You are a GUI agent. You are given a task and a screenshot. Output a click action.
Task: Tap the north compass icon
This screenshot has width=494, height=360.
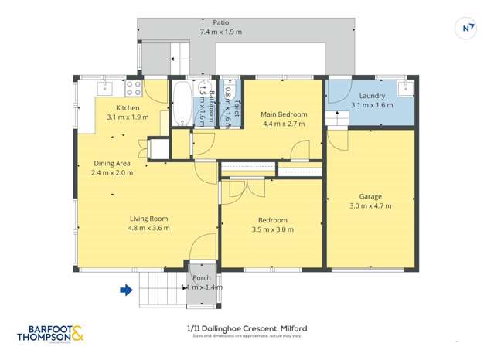[x=467, y=29]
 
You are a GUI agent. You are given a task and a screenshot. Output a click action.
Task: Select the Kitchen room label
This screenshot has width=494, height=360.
[x=128, y=107]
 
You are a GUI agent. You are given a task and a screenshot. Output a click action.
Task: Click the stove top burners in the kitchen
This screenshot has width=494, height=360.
[x=133, y=87]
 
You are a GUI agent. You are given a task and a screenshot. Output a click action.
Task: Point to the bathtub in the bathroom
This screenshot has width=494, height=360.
[x=181, y=104]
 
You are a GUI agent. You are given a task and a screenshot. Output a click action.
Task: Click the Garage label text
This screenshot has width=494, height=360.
[x=370, y=196]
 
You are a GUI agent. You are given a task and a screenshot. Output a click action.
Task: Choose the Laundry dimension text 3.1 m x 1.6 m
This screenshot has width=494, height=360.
[x=372, y=105]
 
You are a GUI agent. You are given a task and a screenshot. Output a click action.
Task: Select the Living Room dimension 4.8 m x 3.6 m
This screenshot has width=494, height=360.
[x=149, y=228]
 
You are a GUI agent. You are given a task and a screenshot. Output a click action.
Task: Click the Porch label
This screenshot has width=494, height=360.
[x=202, y=278]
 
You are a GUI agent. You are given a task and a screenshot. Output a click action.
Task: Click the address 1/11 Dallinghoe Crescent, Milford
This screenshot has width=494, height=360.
[x=247, y=328]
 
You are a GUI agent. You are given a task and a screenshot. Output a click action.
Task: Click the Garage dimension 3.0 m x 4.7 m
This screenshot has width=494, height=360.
[x=370, y=205]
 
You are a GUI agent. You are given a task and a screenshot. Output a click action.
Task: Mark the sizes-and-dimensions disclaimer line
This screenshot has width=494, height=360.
[x=247, y=336]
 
